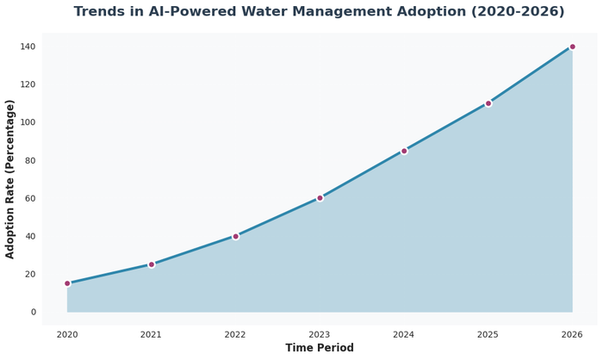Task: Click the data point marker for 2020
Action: tap(67, 283)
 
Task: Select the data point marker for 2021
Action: tap(152, 264)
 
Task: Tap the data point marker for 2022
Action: tap(235, 236)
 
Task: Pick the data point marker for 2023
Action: tap(320, 198)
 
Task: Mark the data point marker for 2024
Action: tap(404, 151)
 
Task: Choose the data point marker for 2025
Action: tap(488, 103)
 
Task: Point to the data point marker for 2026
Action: tap(572, 47)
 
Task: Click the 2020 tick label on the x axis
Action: tap(67, 334)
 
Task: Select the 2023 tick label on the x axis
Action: tap(320, 334)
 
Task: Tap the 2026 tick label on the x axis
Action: tap(572, 334)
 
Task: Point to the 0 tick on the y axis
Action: tap(33, 312)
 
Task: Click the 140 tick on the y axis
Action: tap(28, 47)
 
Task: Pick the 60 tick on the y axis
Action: tap(30, 198)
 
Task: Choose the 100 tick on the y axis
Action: tap(28, 122)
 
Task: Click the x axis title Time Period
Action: tap(320, 348)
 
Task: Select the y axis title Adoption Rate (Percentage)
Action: tap(10, 179)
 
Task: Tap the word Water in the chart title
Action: tap(330, 12)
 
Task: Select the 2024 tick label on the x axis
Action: tap(404, 334)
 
